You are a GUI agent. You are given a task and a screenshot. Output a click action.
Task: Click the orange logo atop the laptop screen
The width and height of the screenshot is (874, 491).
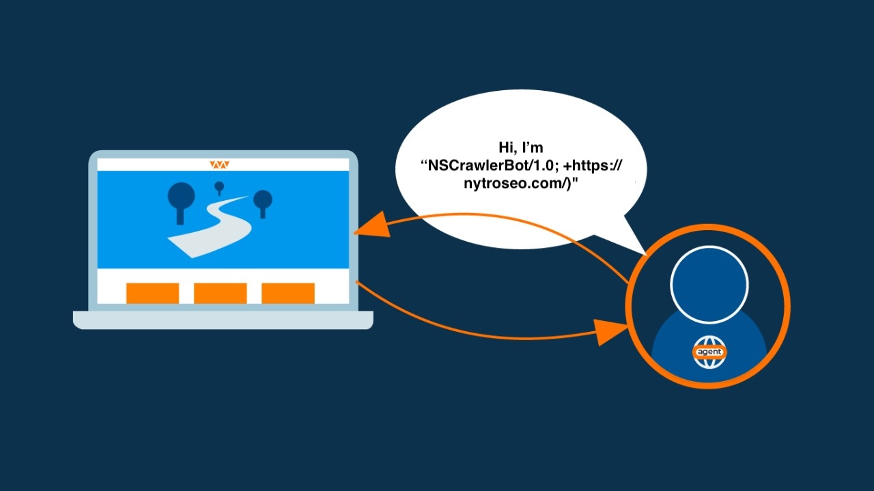pyautogui.click(x=219, y=165)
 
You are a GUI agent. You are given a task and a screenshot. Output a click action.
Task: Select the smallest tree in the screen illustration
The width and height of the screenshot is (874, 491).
pyautogui.click(x=219, y=188)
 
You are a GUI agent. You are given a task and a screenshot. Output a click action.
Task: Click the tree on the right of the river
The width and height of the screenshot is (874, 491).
pyautogui.click(x=263, y=203)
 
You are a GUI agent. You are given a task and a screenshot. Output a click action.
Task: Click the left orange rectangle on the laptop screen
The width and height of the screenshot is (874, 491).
pyautogui.click(x=152, y=293)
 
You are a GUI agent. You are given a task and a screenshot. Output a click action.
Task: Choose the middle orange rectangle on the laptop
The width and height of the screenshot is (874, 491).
pyautogui.click(x=221, y=293)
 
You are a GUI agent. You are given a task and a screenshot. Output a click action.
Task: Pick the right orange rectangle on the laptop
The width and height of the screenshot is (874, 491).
pyautogui.click(x=288, y=293)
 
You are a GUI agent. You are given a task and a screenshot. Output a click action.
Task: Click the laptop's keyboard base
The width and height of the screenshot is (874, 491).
pyautogui.click(x=223, y=320)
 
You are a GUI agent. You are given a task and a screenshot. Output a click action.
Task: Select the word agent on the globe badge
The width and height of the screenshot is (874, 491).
pyautogui.click(x=709, y=352)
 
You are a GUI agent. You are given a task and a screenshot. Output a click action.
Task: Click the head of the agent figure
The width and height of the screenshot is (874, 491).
pyautogui.click(x=709, y=285)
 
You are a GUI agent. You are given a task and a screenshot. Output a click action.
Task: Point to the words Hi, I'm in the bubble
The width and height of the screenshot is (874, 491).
pyautogui.click(x=521, y=148)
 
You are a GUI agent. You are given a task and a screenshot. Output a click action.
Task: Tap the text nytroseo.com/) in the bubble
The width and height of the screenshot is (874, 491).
pyautogui.click(x=516, y=184)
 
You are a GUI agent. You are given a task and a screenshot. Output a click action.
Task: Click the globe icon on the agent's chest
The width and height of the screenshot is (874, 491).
pyautogui.click(x=709, y=352)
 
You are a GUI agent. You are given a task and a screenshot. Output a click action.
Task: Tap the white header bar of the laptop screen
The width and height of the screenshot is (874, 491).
pyautogui.click(x=223, y=165)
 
